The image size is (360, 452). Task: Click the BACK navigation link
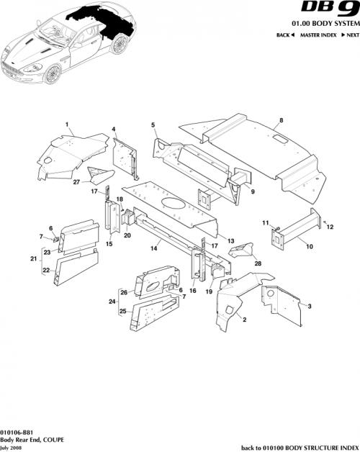pos(285,35)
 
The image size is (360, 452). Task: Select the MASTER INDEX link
pos(319,35)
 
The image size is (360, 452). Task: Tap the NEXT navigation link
pos(350,35)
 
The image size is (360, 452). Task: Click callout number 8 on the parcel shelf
pos(281,119)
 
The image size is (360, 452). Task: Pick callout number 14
pos(153,248)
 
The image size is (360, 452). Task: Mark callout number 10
pos(309,246)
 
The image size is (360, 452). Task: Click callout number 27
pos(76,182)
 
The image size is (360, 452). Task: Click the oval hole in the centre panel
pos(172,204)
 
